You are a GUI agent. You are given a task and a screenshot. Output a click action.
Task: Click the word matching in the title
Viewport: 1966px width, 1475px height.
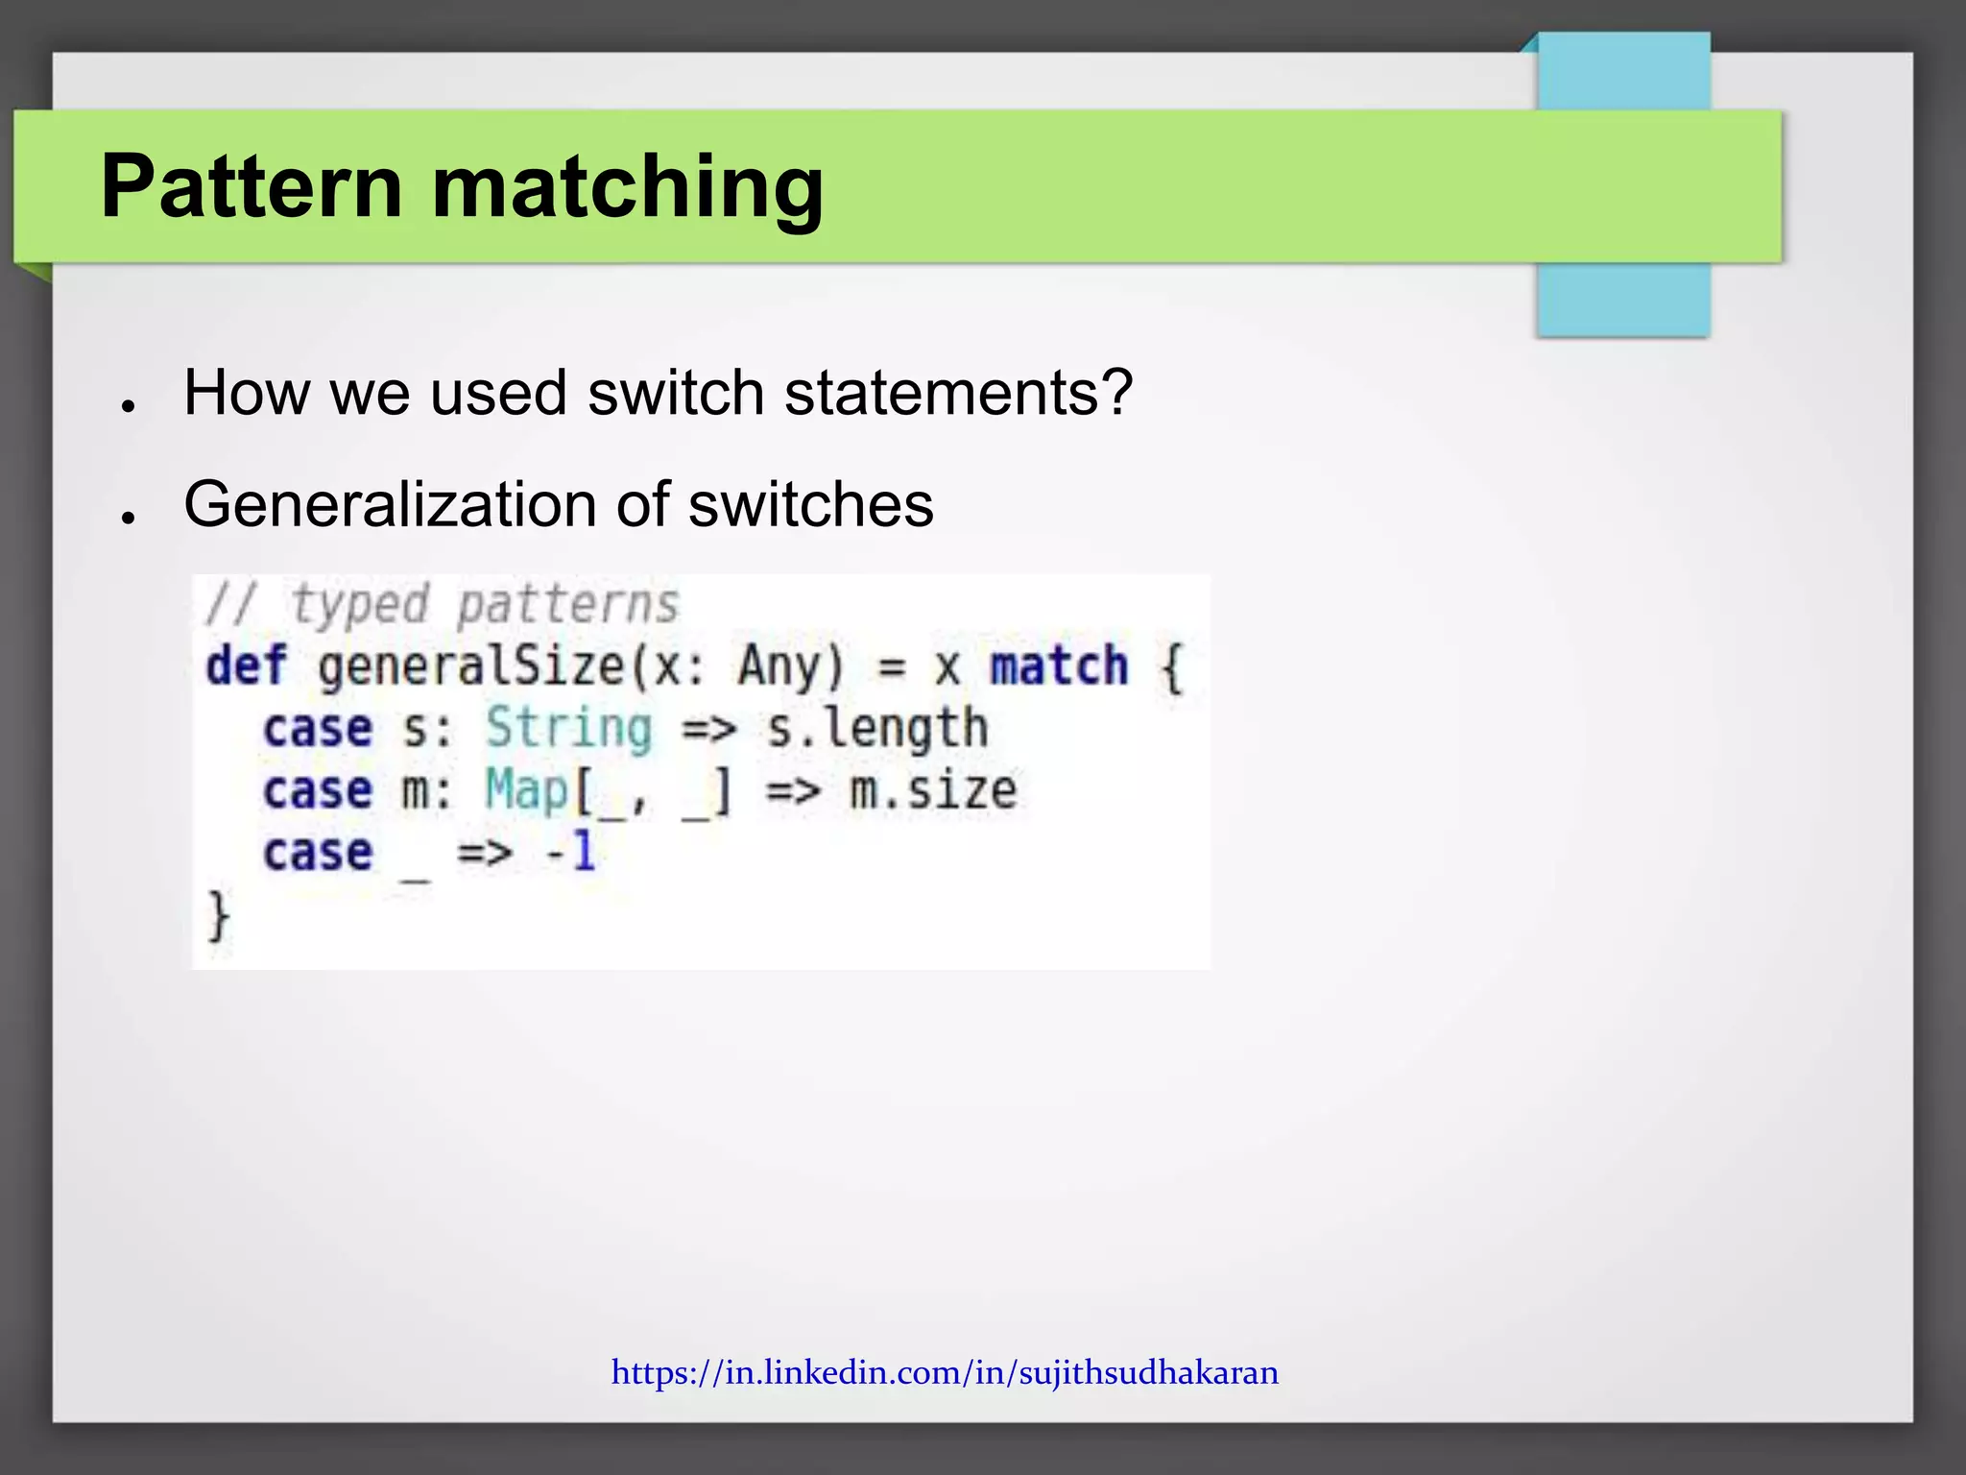tap(628, 188)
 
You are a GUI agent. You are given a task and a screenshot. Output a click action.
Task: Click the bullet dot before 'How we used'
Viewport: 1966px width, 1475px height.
tap(127, 406)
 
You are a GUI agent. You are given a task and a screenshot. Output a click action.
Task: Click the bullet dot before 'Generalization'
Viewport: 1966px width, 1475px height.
tap(127, 518)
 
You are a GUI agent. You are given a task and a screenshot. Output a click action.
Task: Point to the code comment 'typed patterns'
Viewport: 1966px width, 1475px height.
tap(485, 605)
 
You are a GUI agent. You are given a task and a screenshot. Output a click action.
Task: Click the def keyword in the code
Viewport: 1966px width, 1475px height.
tap(246, 665)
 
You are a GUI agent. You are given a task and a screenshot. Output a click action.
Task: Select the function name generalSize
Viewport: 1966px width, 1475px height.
tap(470, 665)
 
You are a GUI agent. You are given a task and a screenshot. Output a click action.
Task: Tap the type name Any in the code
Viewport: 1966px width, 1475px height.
tap(779, 665)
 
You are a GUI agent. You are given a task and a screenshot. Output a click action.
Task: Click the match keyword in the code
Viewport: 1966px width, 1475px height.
tap(1059, 665)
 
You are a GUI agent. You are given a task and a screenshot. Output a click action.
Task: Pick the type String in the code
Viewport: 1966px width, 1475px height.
tap(568, 728)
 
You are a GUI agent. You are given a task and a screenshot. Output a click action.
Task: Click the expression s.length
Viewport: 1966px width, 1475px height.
tap(876, 728)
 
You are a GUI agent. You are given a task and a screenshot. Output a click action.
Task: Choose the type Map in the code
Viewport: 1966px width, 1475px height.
tap(527, 790)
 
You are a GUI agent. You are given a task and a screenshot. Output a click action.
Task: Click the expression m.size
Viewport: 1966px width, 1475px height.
tap(933, 790)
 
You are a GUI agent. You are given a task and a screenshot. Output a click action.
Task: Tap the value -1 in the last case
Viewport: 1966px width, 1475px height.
tap(571, 852)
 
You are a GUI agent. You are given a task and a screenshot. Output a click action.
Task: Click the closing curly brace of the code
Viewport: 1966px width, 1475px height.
tap(219, 916)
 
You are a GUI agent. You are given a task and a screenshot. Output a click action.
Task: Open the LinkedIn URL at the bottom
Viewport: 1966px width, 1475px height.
tap(945, 1372)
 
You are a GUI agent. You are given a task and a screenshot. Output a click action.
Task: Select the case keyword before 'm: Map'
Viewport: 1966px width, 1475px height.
tap(318, 790)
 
